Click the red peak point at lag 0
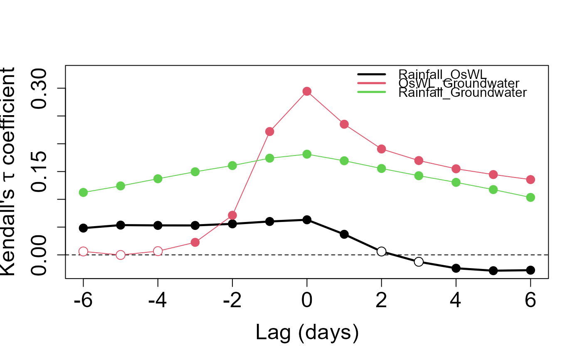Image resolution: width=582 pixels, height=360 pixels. (x=307, y=91)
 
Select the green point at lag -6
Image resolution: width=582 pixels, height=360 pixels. (x=83, y=192)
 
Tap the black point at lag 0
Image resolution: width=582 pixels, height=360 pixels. (x=307, y=219)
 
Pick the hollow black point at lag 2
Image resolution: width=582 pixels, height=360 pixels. (x=381, y=251)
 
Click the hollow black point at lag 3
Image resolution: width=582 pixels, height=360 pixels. (x=419, y=261)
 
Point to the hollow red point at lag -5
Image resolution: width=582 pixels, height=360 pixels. (x=121, y=255)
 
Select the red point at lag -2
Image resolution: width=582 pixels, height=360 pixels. (x=232, y=215)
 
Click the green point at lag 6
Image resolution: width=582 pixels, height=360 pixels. (x=530, y=197)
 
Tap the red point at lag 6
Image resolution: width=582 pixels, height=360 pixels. (x=530, y=180)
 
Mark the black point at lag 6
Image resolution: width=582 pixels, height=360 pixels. (x=530, y=270)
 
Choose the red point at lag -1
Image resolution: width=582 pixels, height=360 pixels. (x=269, y=131)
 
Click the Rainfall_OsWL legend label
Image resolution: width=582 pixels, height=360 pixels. (x=442, y=74)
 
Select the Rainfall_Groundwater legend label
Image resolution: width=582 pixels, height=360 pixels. (x=462, y=92)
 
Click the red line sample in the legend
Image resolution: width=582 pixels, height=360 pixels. (x=372, y=83)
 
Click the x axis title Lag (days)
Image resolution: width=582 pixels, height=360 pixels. (x=307, y=333)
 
